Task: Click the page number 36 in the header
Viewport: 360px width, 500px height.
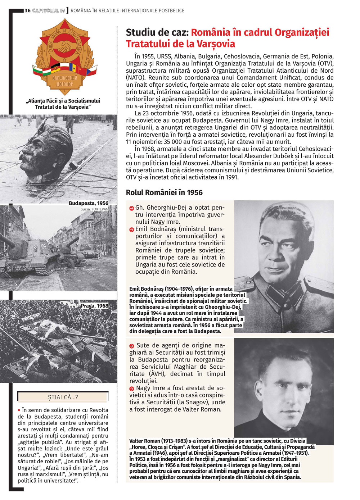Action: [27, 10]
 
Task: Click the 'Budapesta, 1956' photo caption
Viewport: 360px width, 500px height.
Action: [89, 203]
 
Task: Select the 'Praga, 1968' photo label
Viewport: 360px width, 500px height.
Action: [94, 306]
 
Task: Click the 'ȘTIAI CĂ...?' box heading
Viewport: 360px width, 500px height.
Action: [63, 397]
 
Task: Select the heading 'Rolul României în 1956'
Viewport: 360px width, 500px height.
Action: [164, 192]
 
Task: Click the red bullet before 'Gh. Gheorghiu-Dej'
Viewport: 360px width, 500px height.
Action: [131, 208]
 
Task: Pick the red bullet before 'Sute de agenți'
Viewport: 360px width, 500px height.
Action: [131, 346]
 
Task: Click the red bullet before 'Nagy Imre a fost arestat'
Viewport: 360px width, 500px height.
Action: [131, 388]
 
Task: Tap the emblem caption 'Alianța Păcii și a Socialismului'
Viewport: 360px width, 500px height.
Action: [63, 101]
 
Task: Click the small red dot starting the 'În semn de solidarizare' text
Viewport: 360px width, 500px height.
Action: [19, 410]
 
